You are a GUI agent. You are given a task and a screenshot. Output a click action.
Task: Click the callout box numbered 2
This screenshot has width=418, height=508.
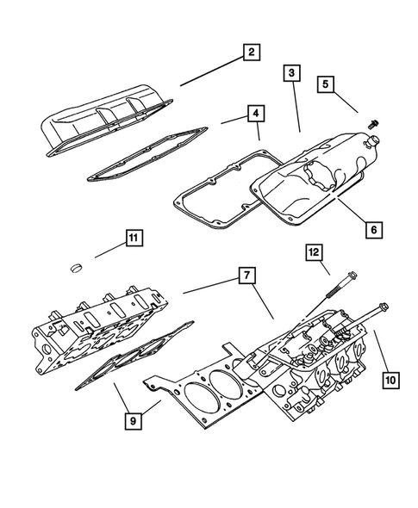250,54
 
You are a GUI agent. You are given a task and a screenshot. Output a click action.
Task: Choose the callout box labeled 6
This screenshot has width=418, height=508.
372,230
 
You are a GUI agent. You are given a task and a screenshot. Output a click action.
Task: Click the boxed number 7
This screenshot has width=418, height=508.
246,276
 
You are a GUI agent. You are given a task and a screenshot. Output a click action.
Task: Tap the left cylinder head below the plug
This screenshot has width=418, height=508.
95,327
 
